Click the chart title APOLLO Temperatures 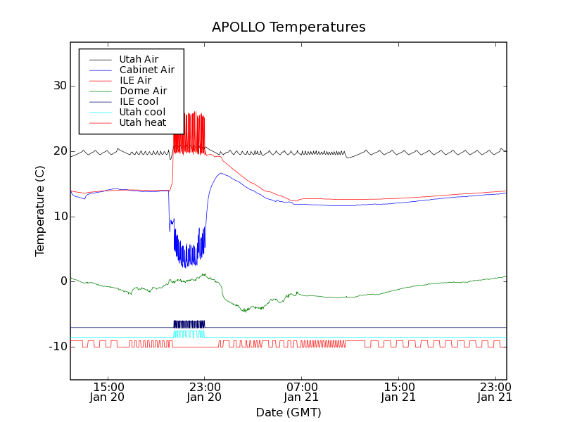click(289, 27)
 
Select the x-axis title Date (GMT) click(289, 411)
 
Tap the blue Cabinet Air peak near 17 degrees click(221, 173)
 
